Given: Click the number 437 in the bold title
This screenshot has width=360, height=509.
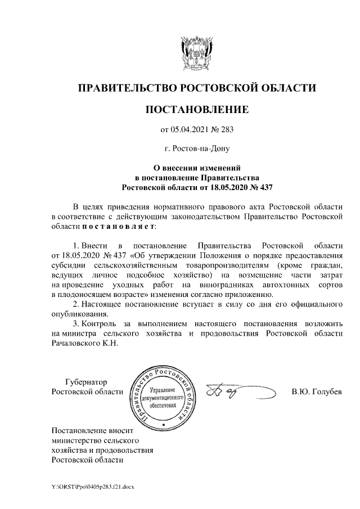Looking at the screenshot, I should pyautogui.click(x=263, y=186).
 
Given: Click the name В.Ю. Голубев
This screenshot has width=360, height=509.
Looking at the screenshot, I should pyautogui.click(x=317, y=391).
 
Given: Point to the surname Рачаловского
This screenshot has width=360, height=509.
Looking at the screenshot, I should pyautogui.click(x=76, y=343).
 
